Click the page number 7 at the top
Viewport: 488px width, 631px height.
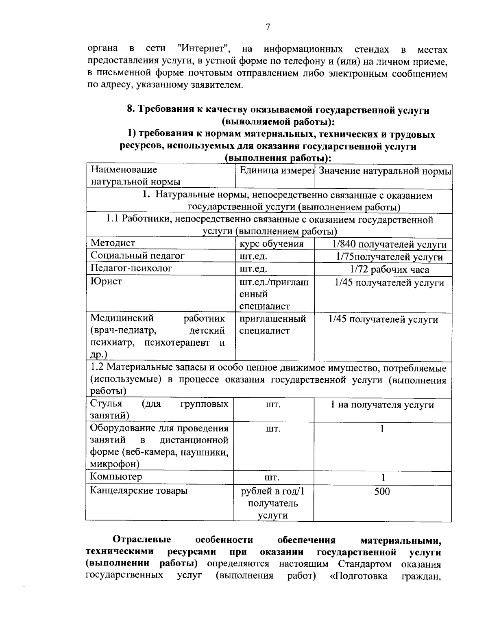pos(268,27)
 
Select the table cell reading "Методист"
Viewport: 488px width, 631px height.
pos(113,243)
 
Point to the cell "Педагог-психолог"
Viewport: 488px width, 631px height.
pos(131,269)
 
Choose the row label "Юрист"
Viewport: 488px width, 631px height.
pos(106,281)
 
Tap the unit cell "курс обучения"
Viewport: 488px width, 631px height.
pos(271,244)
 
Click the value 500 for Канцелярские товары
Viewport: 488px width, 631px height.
pos(382,492)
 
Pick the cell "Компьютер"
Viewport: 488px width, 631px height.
pos(116,477)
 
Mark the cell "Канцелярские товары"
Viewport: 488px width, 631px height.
pos(139,490)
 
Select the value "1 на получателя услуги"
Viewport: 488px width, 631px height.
pos(382,405)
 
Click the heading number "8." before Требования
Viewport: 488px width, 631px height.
pos(131,110)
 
